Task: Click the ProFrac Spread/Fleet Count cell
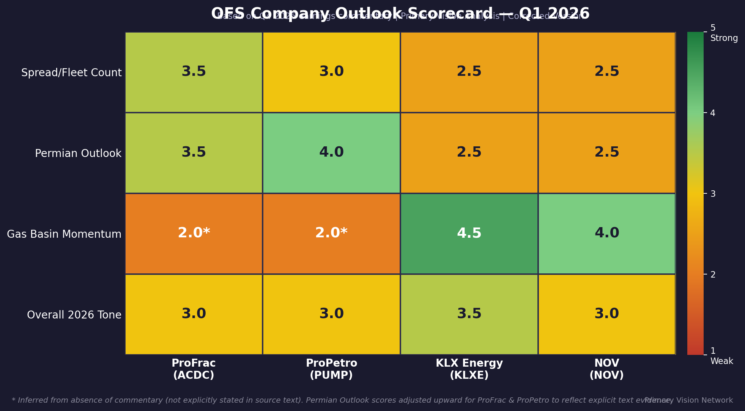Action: [x=194, y=72]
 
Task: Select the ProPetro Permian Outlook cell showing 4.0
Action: [x=331, y=153]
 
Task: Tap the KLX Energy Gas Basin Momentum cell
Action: [x=469, y=234]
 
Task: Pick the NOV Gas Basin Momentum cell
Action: [x=606, y=234]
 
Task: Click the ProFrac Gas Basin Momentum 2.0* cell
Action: [x=194, y=234]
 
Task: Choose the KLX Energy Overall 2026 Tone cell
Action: [x=469, y=314]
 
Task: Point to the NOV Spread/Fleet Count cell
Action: [x=606, y=72]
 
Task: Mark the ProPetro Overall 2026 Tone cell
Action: [x=331, y=314]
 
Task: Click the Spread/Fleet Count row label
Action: [x=71, y=72]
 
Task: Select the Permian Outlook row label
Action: [x=78, y=153]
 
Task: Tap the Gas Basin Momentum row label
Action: [x=64, y=234]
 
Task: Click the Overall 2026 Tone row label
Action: [x=74, y=315]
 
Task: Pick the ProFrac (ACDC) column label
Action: [x=194, y=369]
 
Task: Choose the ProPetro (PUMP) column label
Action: [x=331, y=369]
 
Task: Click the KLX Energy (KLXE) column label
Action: [x=469, y=369]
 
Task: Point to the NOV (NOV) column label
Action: [x=606, y=369]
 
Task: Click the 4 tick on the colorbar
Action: [x=713, y=113]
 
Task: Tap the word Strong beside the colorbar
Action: [x=724, y=38]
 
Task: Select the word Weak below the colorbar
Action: [x=721, y=361]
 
